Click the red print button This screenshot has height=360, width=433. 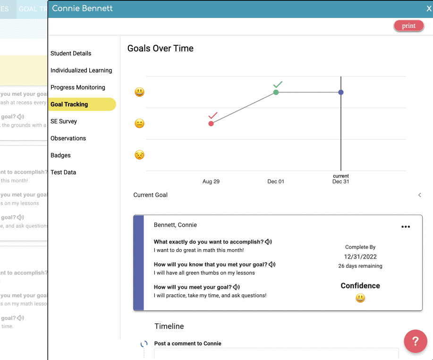408,26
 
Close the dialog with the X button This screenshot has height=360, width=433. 429,8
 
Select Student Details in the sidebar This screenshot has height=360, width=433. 71,53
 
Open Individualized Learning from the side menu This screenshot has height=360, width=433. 81,70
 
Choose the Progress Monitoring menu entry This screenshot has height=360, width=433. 78,87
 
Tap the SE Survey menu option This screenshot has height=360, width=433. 64,121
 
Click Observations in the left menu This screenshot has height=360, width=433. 68,138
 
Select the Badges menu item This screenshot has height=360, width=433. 60,155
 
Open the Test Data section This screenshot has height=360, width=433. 63,172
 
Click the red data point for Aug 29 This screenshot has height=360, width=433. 211,124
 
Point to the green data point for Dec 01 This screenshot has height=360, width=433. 276,92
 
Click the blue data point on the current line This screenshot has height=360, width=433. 341,92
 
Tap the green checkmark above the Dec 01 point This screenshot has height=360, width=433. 278,84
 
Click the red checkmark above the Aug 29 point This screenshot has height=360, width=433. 212,116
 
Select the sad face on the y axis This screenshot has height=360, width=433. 139,155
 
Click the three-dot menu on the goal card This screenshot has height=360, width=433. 406,227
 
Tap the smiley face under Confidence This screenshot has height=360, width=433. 360,298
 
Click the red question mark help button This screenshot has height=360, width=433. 416,341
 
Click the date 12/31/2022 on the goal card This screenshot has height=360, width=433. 360,257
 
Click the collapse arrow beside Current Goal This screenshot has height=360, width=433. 420,195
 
